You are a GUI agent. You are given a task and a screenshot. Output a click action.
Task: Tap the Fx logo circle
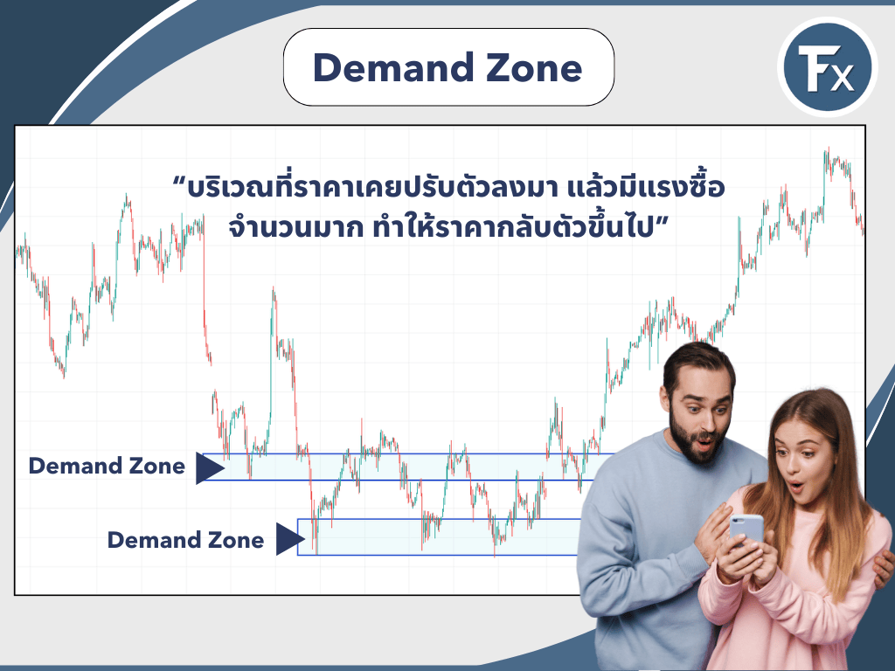(826, 68)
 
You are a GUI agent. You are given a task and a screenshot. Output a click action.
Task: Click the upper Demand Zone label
(107, 467)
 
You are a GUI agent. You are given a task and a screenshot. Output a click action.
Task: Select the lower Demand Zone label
(185, 541)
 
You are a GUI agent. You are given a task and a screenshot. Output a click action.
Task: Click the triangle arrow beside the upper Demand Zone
(209, 468)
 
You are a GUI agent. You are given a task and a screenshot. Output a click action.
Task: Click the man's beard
(699, 441)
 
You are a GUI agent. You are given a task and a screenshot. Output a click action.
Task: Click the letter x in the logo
(841, 79)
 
